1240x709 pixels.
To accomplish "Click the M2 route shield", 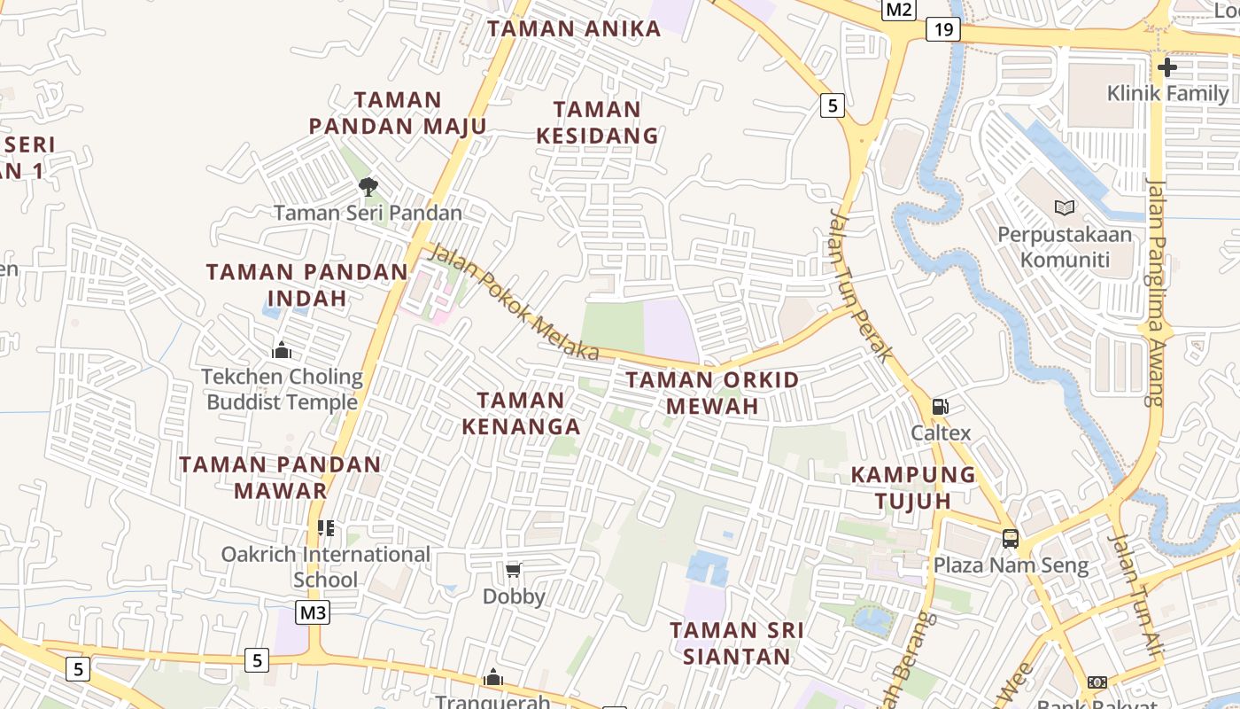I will [899, 10].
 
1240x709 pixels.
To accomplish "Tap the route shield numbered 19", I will [944, 30].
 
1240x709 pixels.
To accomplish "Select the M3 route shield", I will [313, 612].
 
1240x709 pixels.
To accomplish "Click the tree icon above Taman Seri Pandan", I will [368, 186].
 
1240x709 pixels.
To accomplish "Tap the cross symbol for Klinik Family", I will [1167, 66].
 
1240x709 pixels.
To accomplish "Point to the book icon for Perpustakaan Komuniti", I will [1065, 207].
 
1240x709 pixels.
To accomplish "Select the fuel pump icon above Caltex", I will [941, 407].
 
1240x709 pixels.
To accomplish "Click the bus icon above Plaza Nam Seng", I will [1011, 538].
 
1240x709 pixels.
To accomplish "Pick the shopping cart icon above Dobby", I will [513, 570].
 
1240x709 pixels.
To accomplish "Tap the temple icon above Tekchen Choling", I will [282, 350].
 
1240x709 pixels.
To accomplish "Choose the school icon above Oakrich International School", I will [326, 528].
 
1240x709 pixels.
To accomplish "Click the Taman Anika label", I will [574, 28].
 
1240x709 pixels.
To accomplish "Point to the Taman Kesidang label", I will [598, 122].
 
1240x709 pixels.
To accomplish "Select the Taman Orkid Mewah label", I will [712, 393].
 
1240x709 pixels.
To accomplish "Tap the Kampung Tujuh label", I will [913, 487].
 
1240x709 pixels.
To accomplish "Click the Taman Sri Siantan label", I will [737, 643].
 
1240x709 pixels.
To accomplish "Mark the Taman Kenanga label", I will [521, 413].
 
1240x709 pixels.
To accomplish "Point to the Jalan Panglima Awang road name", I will [1155, 292].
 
